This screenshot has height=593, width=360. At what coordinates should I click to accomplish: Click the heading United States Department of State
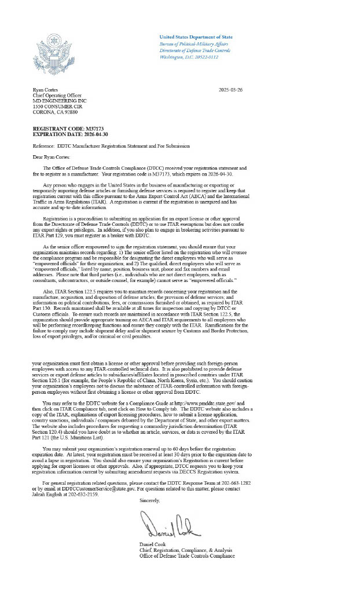tap(196, 37)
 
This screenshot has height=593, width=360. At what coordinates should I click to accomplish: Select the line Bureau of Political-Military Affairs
tap(194, 44)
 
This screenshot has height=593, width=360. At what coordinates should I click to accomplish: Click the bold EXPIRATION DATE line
tap(70, 134)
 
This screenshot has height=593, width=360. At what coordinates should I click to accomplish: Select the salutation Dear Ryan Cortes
tap(52, 157)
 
